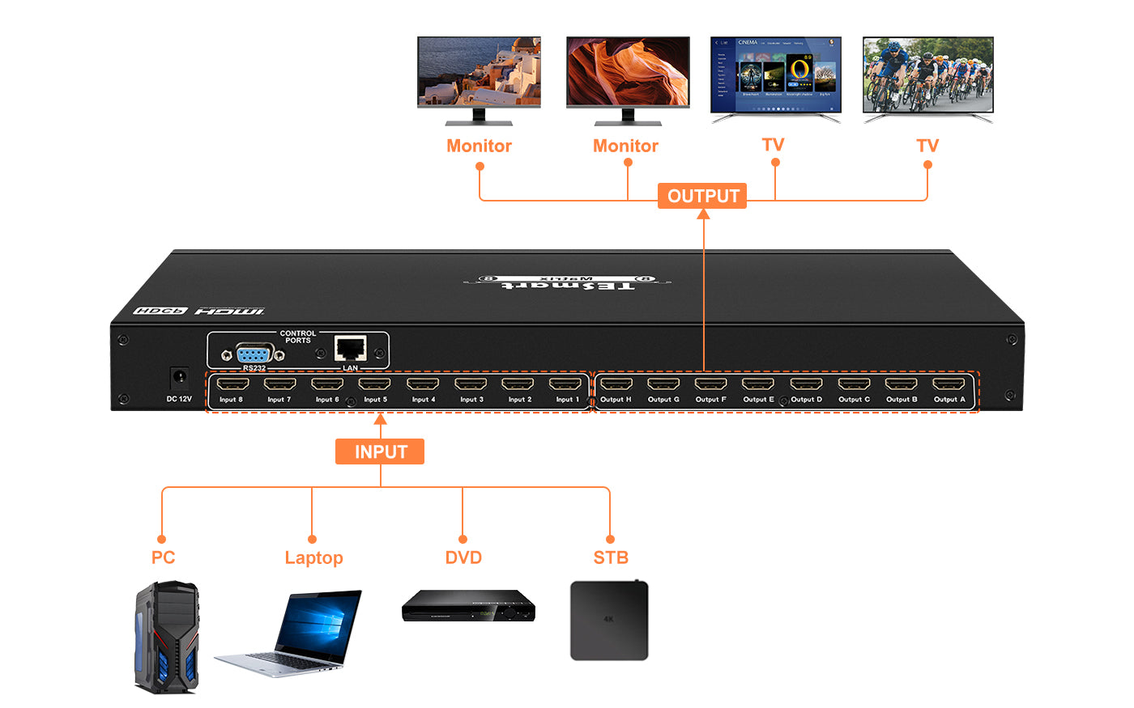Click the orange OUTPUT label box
click(x=702, y=196)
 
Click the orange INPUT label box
click(x=380, y=452)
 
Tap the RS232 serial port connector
click(x=254, y=354)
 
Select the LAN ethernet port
click(x=350, y=350)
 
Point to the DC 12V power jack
click(x=178, y=378)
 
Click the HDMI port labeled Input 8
click(x=232, y=384)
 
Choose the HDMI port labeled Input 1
click(x=565, y=384)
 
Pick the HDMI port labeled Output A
click(x=949, y=384)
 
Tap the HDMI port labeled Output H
click(x=616, y=384)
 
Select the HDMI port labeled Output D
click(x=806, y=384)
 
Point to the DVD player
click(x=468, y=606)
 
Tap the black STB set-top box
click(x=609, y=620)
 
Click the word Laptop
click(x=313, y=558)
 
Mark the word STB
click(x=611, y=557)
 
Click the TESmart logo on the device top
click(x=567, y=283)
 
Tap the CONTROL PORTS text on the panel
click(x=297, y=337)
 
